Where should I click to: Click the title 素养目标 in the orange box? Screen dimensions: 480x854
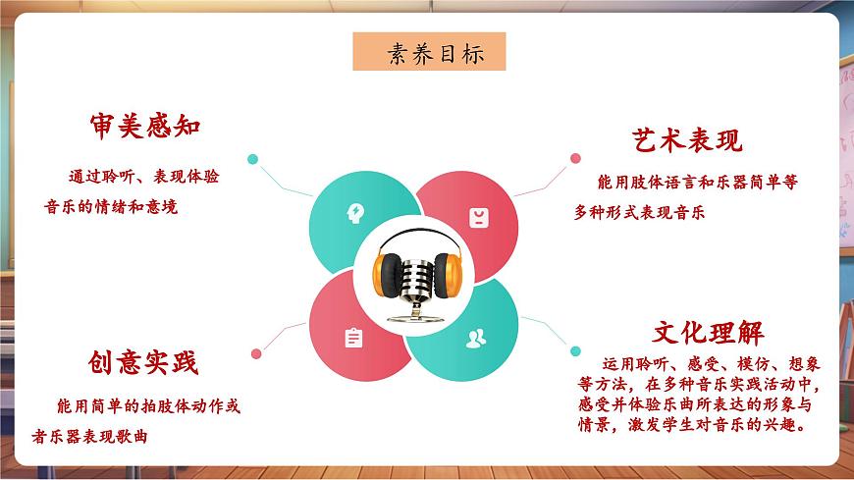(x=429, y=53)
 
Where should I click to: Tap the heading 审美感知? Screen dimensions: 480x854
(x=144, y=127)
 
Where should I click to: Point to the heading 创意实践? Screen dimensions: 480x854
(x=141, y=363)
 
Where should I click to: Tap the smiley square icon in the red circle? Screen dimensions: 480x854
(x=477, y=218)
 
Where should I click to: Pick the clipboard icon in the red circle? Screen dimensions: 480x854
(x=353, y=338)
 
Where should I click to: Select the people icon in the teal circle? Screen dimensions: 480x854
(x=476, y=339)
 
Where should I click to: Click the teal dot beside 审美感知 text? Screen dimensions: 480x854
(x=253, y=158)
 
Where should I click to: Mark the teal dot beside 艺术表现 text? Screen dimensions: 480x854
(x=574, y=157)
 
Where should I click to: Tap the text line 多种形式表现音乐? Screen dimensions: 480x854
(x=639, y=211)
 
